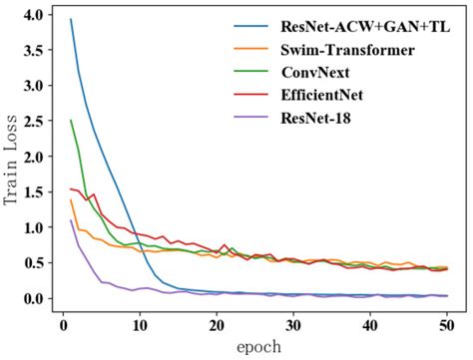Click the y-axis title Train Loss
pos(12,160)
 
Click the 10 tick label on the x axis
pos(140,325)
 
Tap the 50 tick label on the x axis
pos(448,325)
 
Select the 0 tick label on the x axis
pos(63,325)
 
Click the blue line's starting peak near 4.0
pos(71,19)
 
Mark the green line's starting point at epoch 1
pos(71,121)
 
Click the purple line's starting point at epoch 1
pos(71,220)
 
